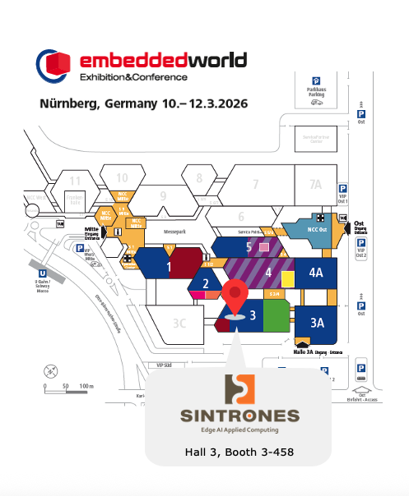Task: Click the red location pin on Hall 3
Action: click(235, 296)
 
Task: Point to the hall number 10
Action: click(122, 177)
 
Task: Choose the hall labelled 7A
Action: click(315, 184)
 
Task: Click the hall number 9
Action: click(163, 195)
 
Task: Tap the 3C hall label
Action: click(179, 323)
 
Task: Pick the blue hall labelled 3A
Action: click(316, 322)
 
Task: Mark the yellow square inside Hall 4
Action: click(287, 301)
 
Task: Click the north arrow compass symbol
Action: click(49, 370)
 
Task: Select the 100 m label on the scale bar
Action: click(85, 385)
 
